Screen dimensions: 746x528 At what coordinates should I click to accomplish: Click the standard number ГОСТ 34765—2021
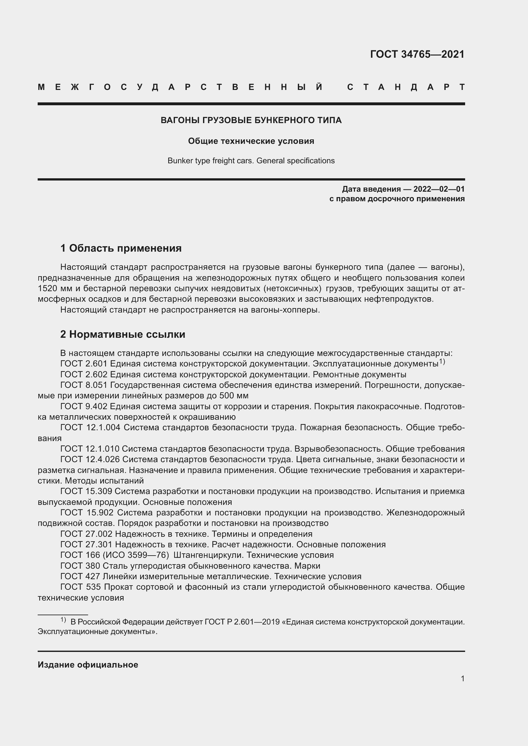[x=417, y=54]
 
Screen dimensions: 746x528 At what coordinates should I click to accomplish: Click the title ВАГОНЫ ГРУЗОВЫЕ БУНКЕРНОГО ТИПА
[x=251, y=121]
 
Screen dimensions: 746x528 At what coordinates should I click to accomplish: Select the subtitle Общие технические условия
[x=251, y=141]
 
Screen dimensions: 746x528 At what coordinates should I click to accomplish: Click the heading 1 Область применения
[x=121, y=248]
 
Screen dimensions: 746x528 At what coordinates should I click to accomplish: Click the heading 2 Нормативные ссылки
[x=123, y=334]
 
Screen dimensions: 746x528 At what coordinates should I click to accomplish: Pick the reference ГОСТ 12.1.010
[x=90, y=449]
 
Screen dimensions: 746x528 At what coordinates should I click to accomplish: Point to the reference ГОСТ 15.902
[x=87, y=513]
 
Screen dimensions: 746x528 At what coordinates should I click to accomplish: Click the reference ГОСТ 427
[x=80, y=576]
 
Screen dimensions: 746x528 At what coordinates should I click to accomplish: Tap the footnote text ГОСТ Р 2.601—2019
[x=242, y=622]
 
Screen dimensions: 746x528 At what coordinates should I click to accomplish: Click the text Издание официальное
[x=88, y=665]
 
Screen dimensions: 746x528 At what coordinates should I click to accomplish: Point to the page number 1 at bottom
[x=462, y=678]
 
